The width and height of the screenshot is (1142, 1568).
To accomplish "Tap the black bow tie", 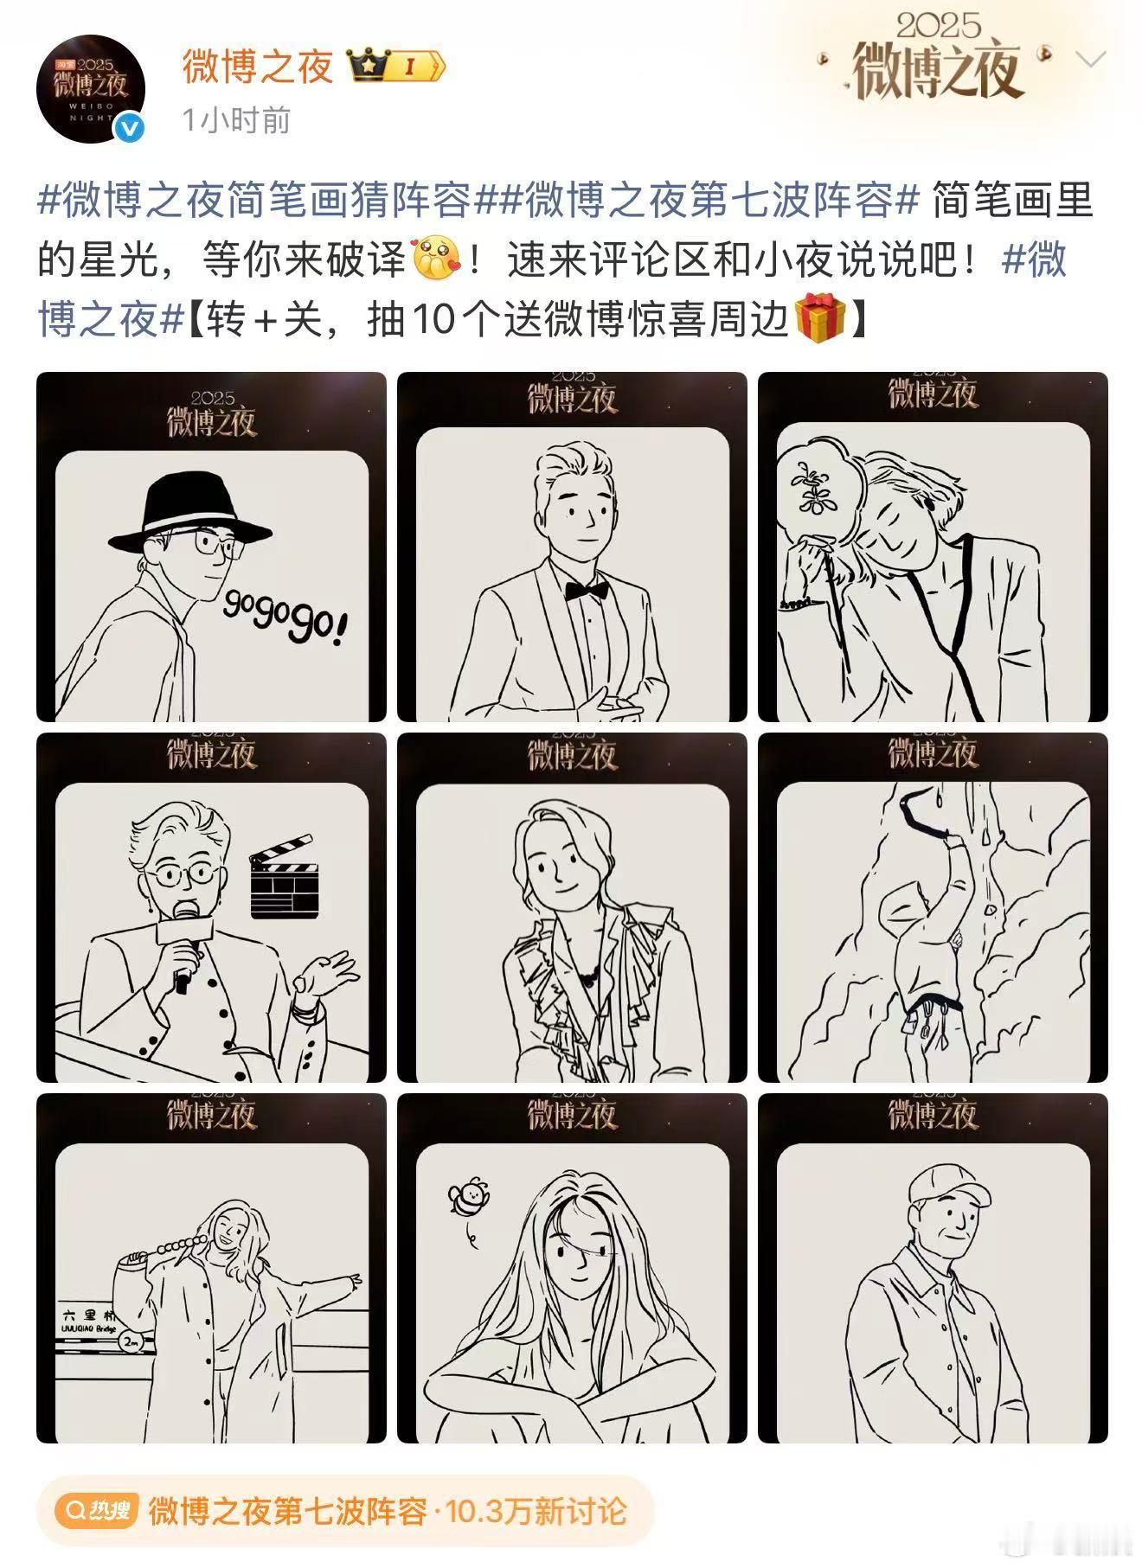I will (x=586, y=591).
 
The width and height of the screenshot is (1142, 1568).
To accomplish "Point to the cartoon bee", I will (x=469, y=1198).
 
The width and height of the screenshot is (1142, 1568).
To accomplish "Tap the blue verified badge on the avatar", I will (x=131, y=128).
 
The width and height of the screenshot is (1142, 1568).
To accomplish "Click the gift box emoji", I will (x=818, y=318).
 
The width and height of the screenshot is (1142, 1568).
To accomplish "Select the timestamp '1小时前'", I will (x=236, y=120).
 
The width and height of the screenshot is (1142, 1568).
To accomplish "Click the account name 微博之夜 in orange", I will (x=257, y=66).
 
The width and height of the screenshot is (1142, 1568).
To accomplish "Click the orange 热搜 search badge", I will (x=97, y=1511).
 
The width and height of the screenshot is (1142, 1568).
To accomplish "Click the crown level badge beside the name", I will (x=396, y=66).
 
